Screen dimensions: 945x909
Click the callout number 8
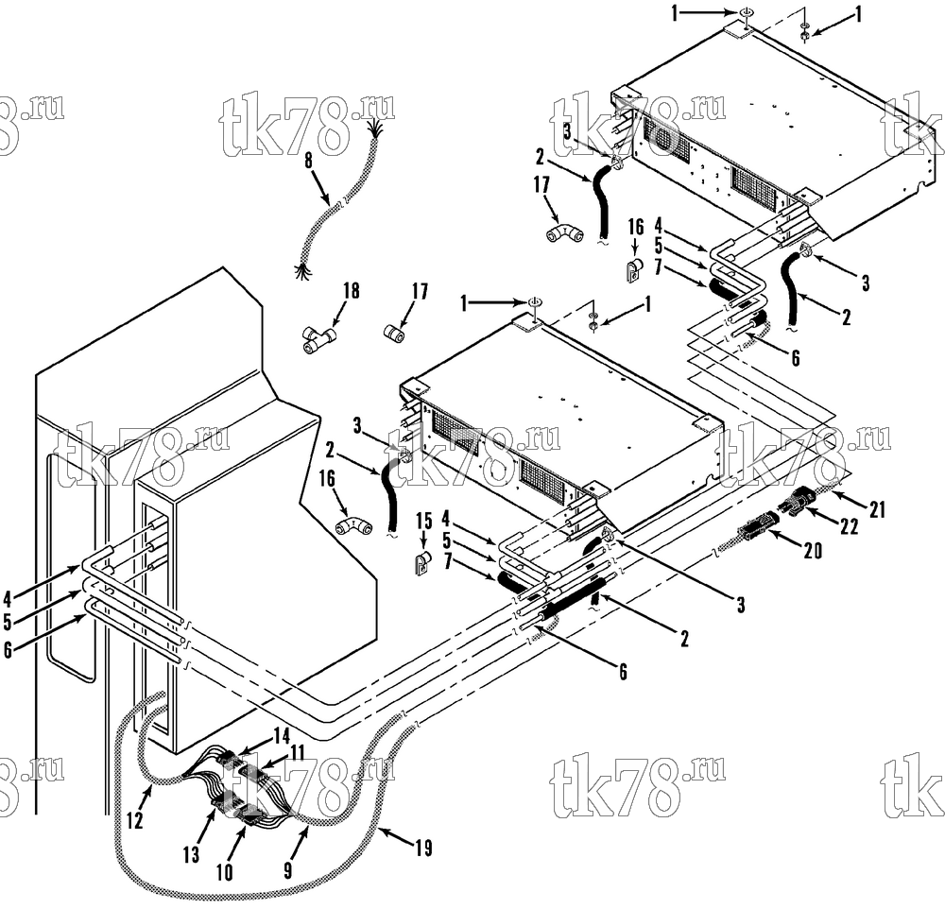(x=309, y=161)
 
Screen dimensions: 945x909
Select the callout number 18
(x=351, y=290)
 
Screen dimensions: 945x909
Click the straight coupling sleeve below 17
(x=394, y=333)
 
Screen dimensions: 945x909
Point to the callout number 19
(x=424, y=849)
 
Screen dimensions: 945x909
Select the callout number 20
(x=813, y=549)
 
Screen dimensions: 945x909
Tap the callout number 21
(x=877, y=509)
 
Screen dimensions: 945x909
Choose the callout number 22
(x=849, y=526)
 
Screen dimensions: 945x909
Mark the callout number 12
(x=135, y=820)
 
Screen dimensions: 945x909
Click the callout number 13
(x=191, y=854)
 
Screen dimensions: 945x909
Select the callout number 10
(x=225, y=871)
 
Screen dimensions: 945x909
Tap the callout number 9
(x=287, y=870)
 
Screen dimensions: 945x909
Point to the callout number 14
(x=282, y=736)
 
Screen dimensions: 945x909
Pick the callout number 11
(x=296, y=753)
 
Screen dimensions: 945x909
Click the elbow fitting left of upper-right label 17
(x=565, y=233)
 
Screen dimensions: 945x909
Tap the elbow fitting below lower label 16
(x=353, y=525)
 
